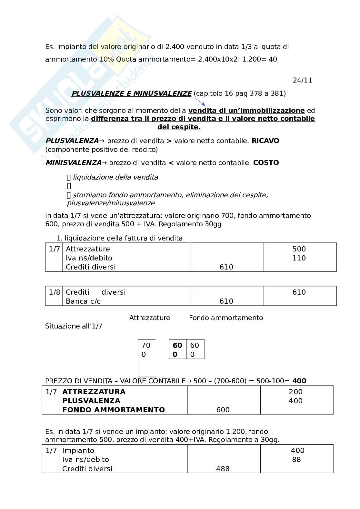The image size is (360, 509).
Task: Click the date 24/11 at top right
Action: coord(302,80)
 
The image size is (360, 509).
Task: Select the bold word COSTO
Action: coord(266,163)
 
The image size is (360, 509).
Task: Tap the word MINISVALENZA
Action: coord(73,163)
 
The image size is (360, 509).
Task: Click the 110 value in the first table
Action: coord(299,258)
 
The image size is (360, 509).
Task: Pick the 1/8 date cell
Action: coord(54,292)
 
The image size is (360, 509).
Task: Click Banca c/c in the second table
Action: coord(83,301)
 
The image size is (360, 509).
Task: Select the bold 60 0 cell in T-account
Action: coord(177,349)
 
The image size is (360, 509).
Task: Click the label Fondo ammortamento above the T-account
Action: coord(226,318)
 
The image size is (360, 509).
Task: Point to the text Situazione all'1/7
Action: coord(74,326)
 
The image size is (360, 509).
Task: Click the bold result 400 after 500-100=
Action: coord(299,381)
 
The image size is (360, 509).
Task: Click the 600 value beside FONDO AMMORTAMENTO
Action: coord(223,410)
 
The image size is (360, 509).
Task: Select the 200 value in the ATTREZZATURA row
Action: coord(295,392)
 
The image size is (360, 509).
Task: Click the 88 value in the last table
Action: coord(296,459)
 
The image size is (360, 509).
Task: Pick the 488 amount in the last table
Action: coord(223,469)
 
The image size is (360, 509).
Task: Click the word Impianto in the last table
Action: coord(78,450)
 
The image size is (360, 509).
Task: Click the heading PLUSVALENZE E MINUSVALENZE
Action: coord(131,93)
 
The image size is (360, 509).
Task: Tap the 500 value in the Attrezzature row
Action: coord(299,249)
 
